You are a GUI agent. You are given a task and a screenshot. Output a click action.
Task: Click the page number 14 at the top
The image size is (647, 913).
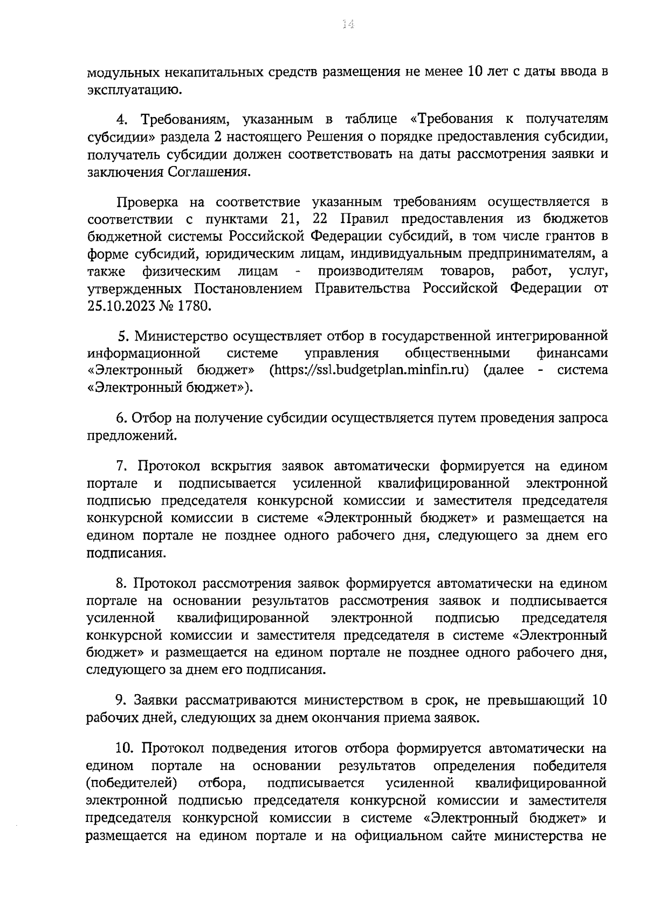(x=348, y=24)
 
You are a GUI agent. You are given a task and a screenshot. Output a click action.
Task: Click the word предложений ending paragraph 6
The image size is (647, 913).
(x=131, y=435)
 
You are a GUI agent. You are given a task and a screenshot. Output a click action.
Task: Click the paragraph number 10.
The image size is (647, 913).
(x=125, y=749)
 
